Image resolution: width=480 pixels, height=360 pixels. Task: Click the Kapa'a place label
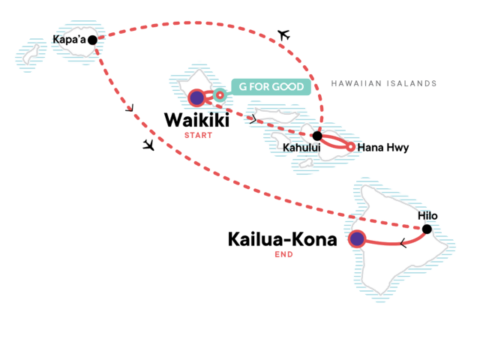point(68,39)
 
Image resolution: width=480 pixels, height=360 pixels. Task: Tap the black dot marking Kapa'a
point(92,40)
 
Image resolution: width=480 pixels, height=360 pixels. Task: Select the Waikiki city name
point(197,120)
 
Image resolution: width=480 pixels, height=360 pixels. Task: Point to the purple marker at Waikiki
point(196,97)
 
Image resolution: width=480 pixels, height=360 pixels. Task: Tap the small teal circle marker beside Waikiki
point(219,95)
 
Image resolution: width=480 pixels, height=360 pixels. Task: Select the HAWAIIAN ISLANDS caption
point(383,84)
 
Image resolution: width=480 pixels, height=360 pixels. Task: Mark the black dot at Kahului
point(317,136)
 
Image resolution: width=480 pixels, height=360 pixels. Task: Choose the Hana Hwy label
point(383,148)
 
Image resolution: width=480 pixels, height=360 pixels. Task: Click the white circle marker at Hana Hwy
point(350,146)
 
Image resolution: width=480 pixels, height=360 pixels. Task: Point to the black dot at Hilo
point(427,229)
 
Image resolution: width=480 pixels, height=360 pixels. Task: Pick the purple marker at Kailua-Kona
point(356,240)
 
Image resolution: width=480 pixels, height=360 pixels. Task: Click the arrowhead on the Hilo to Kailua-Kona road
point(403,243)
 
